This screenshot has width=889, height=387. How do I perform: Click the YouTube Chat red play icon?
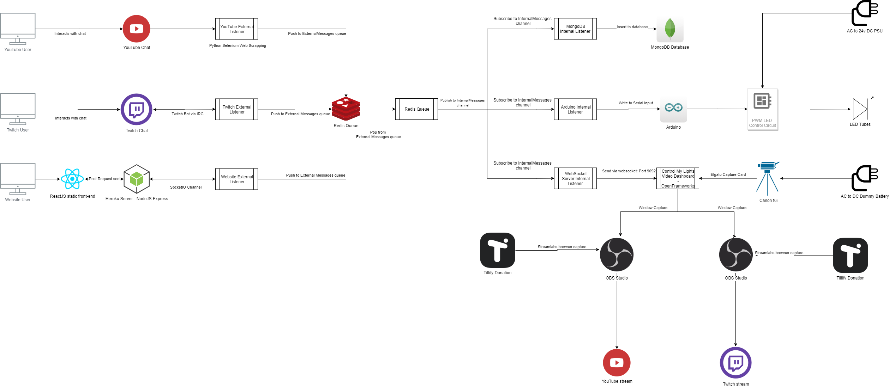tap(136, 29)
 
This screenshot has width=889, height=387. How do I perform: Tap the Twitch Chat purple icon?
tap(136, 109)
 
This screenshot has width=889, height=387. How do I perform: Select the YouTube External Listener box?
tap(236, 29)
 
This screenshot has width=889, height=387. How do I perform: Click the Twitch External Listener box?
tap(236, 109)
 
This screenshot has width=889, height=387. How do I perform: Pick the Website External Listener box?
tap(236, 179)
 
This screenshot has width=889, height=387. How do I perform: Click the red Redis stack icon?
tap(346, 109)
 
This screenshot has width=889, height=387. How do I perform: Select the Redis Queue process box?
tap(416, 109)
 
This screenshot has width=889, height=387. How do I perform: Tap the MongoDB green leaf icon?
tap(669, 29)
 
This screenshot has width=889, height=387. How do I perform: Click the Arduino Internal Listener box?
tap(575, 109)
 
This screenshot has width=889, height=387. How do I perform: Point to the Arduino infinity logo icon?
tap(673, 108)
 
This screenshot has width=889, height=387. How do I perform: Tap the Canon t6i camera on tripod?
tap(768, 178)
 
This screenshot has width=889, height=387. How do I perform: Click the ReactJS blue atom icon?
tap(72, 179)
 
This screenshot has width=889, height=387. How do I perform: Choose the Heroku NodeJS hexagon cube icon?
tap(137, 179)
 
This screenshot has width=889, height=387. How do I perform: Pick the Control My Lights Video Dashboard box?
tap(678, 178)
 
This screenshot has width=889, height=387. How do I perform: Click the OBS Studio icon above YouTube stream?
tap(617, 254)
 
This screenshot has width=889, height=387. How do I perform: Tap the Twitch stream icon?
tap(735, 363)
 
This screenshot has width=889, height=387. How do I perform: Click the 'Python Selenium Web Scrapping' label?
tap(238, 45)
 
